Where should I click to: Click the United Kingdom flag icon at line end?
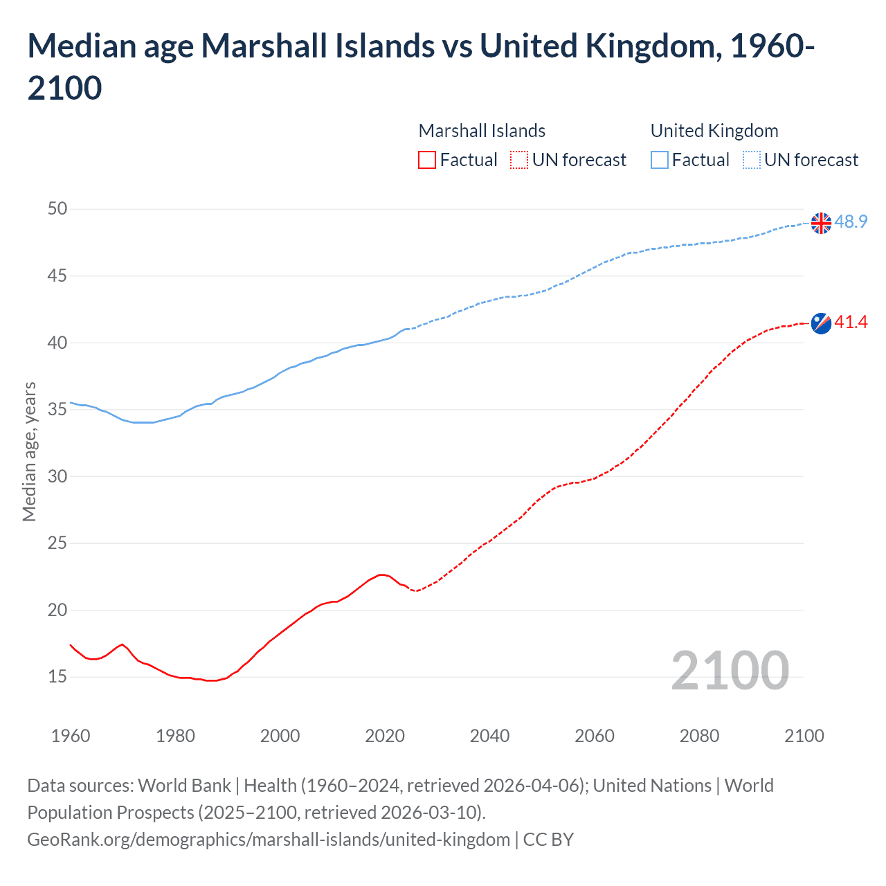point(821,223)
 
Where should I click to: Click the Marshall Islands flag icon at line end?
point(821,323)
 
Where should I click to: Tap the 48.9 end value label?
point(851,221)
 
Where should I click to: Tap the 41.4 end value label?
point(851,322)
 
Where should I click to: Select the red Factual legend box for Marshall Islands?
point(427,160)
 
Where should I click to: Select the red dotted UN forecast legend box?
point(519,160)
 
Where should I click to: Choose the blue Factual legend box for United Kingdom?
point(660,160)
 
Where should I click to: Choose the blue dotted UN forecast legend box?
point(751,160)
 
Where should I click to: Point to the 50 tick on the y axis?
point(57,208)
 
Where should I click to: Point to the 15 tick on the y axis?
point(57,676)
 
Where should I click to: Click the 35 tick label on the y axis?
point(57,409)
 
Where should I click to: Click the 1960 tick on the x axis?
point(71,735)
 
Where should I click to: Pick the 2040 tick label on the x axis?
point(489,735)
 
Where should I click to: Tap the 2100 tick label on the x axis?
point(804,735)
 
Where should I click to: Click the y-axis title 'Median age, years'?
point(29,451)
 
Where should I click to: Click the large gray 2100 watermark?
point(730,670)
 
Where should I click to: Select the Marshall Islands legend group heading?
point(482,131)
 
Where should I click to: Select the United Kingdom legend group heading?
point(714,131)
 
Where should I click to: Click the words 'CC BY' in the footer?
point(548,840)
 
